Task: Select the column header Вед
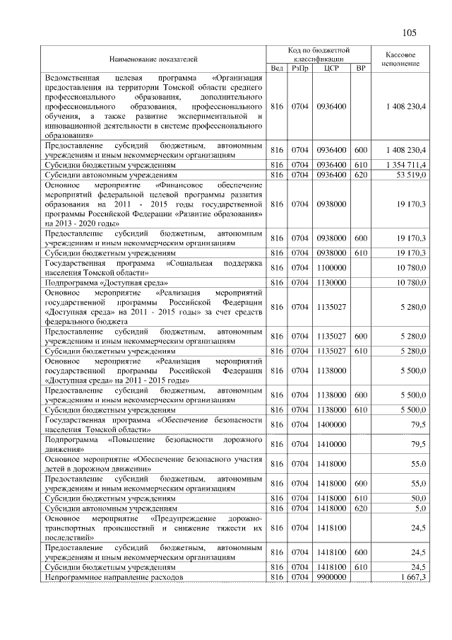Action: (277, 68)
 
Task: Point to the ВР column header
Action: (361, 68)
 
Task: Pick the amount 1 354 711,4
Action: (401, 165)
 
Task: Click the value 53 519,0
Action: (406, 173)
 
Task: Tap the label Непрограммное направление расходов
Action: (114, 578)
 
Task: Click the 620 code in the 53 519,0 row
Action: (361, 173)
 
